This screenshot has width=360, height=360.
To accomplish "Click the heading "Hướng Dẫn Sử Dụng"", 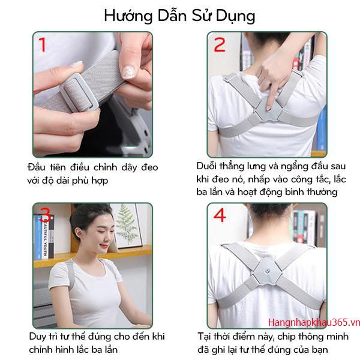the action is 179,16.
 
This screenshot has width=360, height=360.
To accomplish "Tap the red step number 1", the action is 43,44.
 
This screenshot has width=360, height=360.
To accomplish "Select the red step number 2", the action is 219,44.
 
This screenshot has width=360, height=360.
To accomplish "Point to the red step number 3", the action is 46,215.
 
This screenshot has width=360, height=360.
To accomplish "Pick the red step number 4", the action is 220,215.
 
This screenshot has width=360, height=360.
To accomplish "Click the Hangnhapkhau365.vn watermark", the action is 314,322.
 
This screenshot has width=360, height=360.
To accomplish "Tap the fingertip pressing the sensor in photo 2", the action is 268,107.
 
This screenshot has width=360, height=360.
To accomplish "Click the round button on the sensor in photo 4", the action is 267,272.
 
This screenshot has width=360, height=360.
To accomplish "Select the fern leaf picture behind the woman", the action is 127,225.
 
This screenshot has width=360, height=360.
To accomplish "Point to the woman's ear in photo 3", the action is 79,233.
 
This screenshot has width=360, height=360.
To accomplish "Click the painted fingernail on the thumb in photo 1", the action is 128,71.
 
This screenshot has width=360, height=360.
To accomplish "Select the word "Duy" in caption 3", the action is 38,337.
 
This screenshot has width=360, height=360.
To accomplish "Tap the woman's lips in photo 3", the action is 104,247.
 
